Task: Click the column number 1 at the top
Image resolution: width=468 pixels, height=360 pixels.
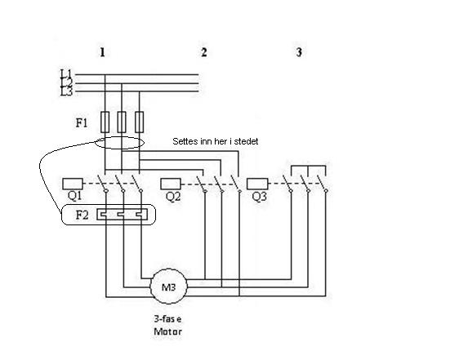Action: [x=102, y=52]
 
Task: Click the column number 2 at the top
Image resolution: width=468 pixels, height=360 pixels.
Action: [x=204, y=52]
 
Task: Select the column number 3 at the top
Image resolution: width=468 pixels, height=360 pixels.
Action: [x=299, y=52]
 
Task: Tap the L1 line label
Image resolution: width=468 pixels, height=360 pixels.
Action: [x=66, y=73]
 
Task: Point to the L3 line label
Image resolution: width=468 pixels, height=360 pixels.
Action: [x=66, y=92]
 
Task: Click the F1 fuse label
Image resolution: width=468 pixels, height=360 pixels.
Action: [x=82, y=122]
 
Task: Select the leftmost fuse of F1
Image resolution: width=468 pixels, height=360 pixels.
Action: [x=105, y=122]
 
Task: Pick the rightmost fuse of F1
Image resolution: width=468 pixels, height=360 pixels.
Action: [x=140, y=122]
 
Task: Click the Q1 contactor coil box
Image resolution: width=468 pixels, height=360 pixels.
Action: [x=73, y=184]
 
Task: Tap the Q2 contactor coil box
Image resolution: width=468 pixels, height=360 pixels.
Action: [x=171, y=184]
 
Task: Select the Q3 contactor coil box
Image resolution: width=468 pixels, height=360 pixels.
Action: [x=257, y=184]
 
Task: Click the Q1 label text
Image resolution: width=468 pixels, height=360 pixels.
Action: [x=74, y=196]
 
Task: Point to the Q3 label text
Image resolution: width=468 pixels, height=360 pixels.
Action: [x=259, y=196]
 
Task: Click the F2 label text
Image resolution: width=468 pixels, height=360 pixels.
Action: [x=82, y=215]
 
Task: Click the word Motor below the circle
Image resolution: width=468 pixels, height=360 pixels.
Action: [x=167, y=331]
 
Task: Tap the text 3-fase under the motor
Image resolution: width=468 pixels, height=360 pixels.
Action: [x=167, y=319]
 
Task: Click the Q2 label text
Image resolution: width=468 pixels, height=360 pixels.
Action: [x=173, y=196]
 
